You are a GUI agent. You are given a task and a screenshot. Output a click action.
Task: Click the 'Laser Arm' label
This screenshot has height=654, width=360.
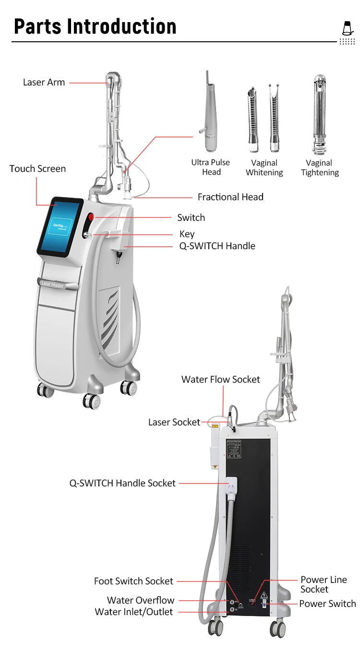tap(44, 82)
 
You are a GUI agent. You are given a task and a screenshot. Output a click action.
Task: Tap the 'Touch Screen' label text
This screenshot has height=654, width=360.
tap(37, 169)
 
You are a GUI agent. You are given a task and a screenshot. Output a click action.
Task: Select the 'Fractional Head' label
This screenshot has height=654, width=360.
tap(230, 197)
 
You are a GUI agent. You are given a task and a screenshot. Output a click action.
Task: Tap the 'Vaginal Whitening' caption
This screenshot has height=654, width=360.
tap(264, 168)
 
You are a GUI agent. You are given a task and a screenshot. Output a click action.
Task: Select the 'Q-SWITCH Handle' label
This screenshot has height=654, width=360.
tap(217, 246)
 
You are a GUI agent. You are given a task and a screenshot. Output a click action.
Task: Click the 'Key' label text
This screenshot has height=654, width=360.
tap(187, 234)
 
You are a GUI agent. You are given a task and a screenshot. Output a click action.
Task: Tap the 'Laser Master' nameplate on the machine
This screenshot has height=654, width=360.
tap(53, 285)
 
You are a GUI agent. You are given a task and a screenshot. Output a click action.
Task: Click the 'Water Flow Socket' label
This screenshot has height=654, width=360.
tap(220, 379)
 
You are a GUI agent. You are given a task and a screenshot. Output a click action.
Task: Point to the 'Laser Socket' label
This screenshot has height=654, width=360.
tap(174, 422)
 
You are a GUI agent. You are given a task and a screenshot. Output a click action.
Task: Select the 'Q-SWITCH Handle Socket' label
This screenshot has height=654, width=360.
tap(122, 483)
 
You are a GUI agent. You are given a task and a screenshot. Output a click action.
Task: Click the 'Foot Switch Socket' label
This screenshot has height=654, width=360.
tap(133, 581)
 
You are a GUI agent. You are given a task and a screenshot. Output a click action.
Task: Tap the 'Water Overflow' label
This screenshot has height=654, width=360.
tap(141, 600)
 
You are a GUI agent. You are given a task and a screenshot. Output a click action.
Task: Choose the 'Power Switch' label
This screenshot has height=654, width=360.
tap(327, 604)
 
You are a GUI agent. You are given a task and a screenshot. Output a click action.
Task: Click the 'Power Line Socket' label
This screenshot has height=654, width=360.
tap(324, 584)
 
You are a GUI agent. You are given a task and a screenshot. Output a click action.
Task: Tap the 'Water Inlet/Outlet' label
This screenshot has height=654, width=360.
tap(134, 612)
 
